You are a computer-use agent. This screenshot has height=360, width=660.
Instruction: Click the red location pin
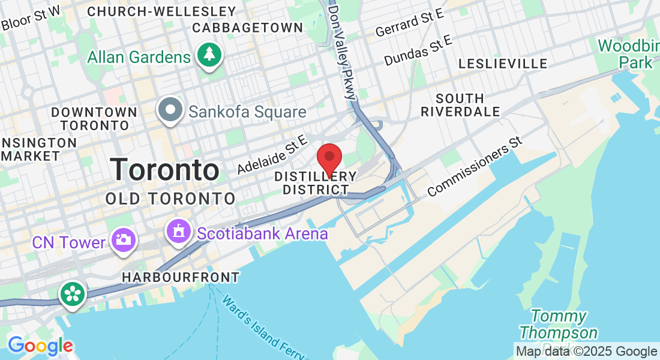point(329,158)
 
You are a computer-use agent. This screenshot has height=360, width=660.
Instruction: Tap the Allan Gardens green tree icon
point(208,55)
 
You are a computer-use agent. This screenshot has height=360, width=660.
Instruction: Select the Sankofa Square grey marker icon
point(170,110)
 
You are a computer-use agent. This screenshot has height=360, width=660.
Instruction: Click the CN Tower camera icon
point(124,240)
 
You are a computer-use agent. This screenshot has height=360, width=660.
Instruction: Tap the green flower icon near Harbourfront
point(72,294)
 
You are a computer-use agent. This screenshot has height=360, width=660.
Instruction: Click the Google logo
point(40,346)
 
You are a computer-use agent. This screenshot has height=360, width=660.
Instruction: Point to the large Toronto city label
point(164,169)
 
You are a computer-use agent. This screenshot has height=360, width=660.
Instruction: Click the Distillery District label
point(316,183)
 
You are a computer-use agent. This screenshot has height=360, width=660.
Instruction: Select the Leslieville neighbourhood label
point(503,64)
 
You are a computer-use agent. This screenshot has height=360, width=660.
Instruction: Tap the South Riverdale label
point(460,105)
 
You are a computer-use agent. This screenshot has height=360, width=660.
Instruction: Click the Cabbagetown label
point(248,28)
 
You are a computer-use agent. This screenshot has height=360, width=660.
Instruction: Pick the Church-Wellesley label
point(162,11)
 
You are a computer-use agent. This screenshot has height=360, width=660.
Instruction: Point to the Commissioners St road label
point(476,166)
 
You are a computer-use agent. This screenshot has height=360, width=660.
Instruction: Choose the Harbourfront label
point(181,277)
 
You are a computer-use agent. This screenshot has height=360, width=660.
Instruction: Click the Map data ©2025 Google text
point(587,352)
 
